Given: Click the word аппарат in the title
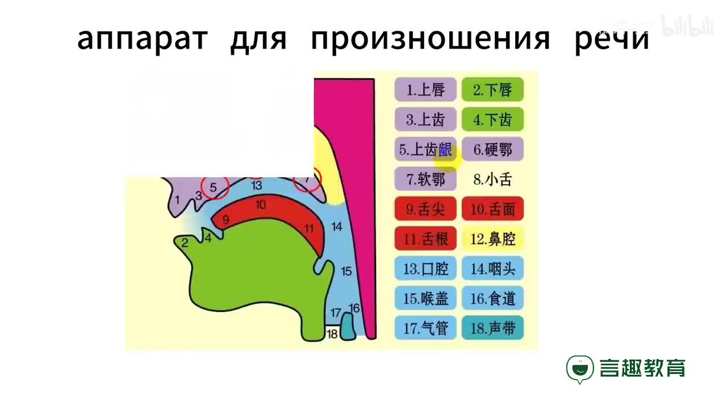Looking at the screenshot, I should coord(142,39).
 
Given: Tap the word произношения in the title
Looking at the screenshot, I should coord(431,39).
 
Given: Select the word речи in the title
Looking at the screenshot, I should coord(612,39).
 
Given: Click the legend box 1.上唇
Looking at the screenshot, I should coord(425,90).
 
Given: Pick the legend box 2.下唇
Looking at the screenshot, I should coord(492,90).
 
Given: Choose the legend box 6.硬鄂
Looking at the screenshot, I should coord(492,150).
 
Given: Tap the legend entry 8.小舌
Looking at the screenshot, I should coord(492,180).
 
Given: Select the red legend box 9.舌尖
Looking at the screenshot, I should coord(425,210).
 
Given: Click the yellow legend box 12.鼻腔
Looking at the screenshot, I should coord(492,239).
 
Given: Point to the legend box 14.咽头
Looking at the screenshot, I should coord(492,269).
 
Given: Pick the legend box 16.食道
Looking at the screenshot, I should coord(492,298).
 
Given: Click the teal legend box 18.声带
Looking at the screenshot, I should coord(492,328).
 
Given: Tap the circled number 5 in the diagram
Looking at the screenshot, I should coord(214,186).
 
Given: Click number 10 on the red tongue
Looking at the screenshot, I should coord(261,205).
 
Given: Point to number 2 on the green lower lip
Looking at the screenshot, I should coord(184,243).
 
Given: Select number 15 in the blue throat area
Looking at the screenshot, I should coord(346,271).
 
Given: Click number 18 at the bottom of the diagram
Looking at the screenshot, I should coord(332,334).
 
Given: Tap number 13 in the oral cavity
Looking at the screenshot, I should coord(257,185).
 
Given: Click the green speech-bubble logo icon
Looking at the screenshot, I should coord(579,369).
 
